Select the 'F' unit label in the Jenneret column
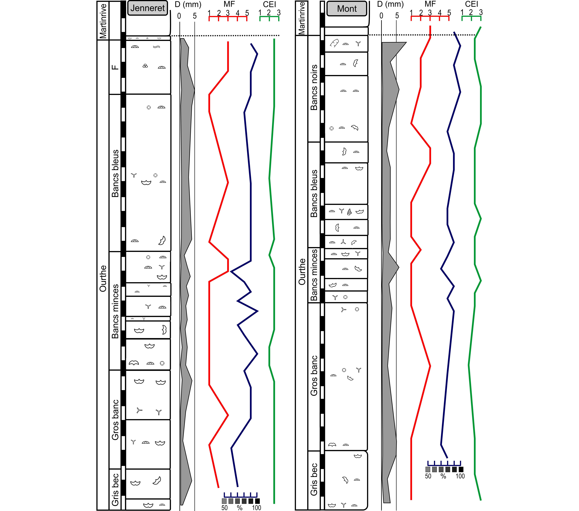pyautogui.click(x=115, y=67)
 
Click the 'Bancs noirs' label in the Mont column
pyautogui.click(x=314, y=87)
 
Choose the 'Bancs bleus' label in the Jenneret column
pyautogui.click(x=115, y=173)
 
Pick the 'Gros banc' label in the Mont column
pyautogui.click(x=314, y=376)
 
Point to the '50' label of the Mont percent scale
pyautogui.click(x=428, y=476)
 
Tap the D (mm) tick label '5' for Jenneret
pyautogui.click(x=195, y=16)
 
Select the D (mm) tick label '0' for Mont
pyautogui.click(x=381, y=16)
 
